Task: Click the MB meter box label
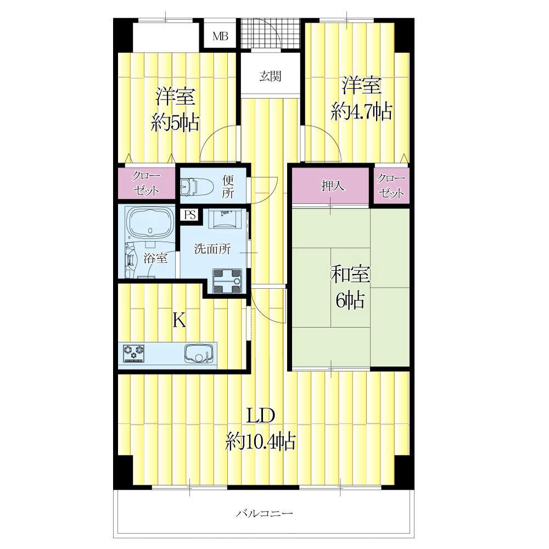pyautogui.click(x=220, y=37)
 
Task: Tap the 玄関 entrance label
pyautogui.click(x=270, y=76)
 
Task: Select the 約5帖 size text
pyautogui.click(x=175, y=122)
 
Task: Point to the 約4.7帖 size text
pyautogui.click(x=361, y=113)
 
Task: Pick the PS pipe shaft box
pyautogui.click(x=191, y=215)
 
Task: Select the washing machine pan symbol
pyautogui.click(x=227, y=279)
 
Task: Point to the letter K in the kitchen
pyautogui.click(x=179, y=320)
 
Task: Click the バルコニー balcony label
pyautogui.click(x=265, y=514)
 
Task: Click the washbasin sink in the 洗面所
pyautogui.click(x=225, y=219)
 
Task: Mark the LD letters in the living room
pyautogui.click(x=260, y=416)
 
